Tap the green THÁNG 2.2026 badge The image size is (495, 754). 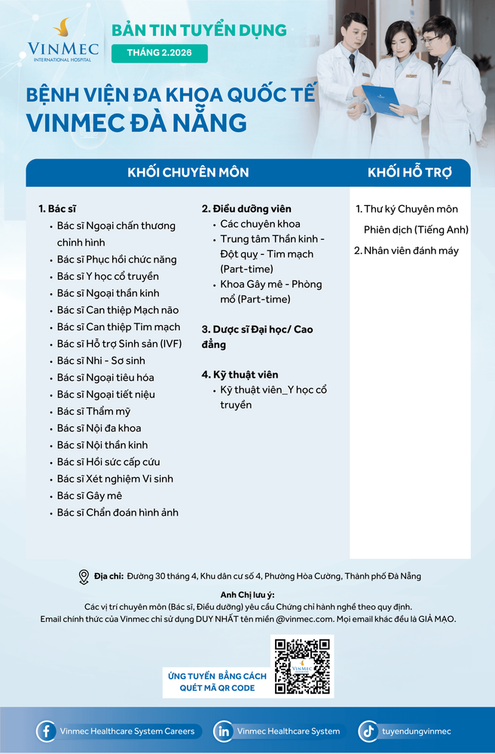159,54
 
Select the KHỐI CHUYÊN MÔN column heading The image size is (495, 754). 188,173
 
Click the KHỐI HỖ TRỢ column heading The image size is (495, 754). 410,173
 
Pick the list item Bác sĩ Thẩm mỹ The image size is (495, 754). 93,411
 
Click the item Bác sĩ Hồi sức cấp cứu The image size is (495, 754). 108,461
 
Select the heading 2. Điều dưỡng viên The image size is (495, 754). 246,209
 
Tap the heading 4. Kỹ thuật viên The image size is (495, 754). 240,375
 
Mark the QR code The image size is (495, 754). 302,666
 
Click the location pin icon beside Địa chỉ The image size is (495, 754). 84,577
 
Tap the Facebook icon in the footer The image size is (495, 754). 47,731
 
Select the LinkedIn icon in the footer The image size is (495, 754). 223,731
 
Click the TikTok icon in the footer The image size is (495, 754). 368,731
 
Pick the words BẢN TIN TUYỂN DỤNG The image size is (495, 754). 199,30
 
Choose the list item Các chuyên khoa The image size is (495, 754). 260,224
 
